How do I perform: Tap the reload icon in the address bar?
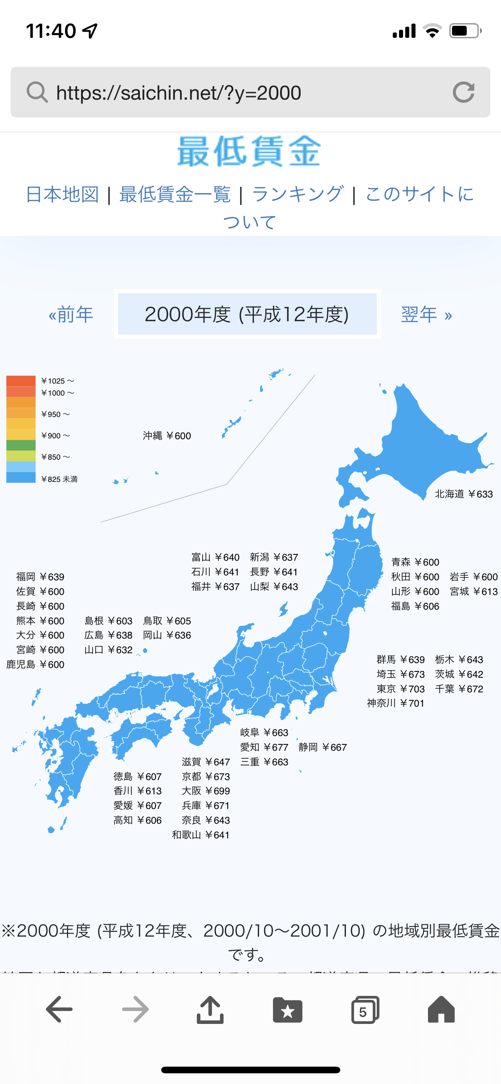pyautogui.click(x=464, y=93)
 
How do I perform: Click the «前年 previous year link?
pyautogui.click(x=71, y=315)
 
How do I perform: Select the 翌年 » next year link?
pyautogui.click(x=426, y=315)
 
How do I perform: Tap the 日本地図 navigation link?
pyautogui.click(x=62, y=194)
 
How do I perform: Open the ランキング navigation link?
pyautogui.click(x=297, y=194)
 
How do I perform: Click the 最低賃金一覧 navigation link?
pyautogui.click(x=175, y=194)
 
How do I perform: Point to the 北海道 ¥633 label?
pyautogui.click(x=464, y=494)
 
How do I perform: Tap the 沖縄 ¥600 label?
pyautogui.click(x=167, y=436)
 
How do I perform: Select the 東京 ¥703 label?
pyautogui.click(x=400, y=689)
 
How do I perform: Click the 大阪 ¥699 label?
pyautogui.click(x=205, y=791)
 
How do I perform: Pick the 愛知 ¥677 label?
pyautogui.click(x=264, y=747)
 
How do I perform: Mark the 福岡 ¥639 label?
pyautogui.click(x=40, y=577)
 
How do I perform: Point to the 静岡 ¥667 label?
pyautogui.click(x=322, y=747)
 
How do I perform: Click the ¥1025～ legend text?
pyautogui.click(x=57, y=381)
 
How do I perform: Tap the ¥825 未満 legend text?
pyautogui.click(x=59, y=479)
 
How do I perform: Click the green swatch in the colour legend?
pyautogui.click(x=20, y=445)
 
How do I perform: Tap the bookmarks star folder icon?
pyautogui.click(x=287, y=1010)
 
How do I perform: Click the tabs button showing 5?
pyautogui.click(x=365, y=1010)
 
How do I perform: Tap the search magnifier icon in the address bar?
pyautogui.click(x=37, y=93)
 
